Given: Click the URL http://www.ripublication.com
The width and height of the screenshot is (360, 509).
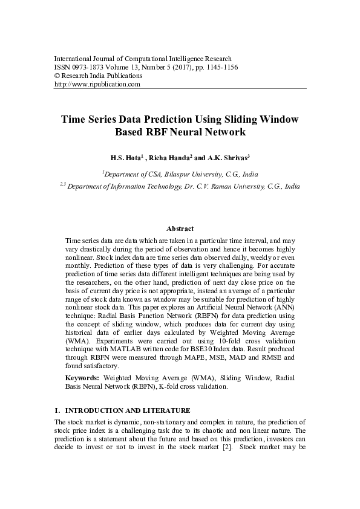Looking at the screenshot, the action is (97, 85).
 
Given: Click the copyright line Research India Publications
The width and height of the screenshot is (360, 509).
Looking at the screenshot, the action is (102, 76).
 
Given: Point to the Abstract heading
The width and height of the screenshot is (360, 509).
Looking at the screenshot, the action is (180, 229).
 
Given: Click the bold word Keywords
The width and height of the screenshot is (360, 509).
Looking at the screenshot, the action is (82, 378).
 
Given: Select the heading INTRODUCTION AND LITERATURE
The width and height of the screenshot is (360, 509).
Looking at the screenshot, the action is (128, 410).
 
